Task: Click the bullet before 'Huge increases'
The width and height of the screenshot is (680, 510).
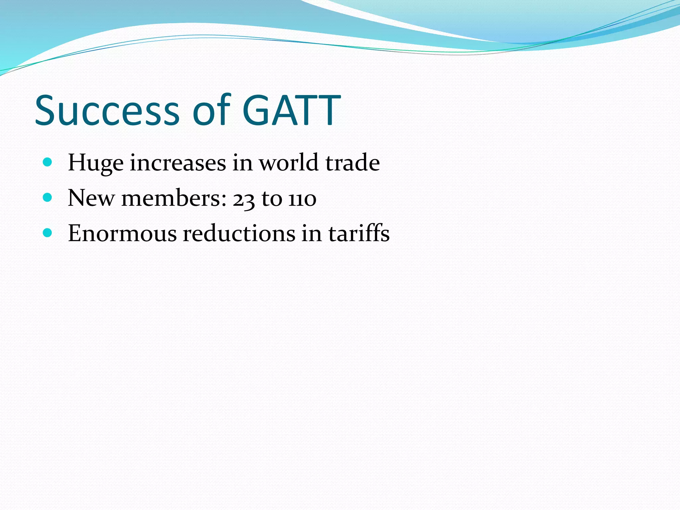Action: (x=48, y=162)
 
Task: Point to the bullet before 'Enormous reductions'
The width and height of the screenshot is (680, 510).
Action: (x=48, y=233)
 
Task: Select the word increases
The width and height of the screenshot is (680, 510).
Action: (x=178, y=163)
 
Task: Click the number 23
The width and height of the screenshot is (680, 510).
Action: (x=243, y=199)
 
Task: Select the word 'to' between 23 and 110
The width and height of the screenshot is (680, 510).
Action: (x=272, y=199)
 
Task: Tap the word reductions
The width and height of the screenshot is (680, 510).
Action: (x=239, y=233)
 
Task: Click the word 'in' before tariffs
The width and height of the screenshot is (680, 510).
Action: (x=311, y=233)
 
